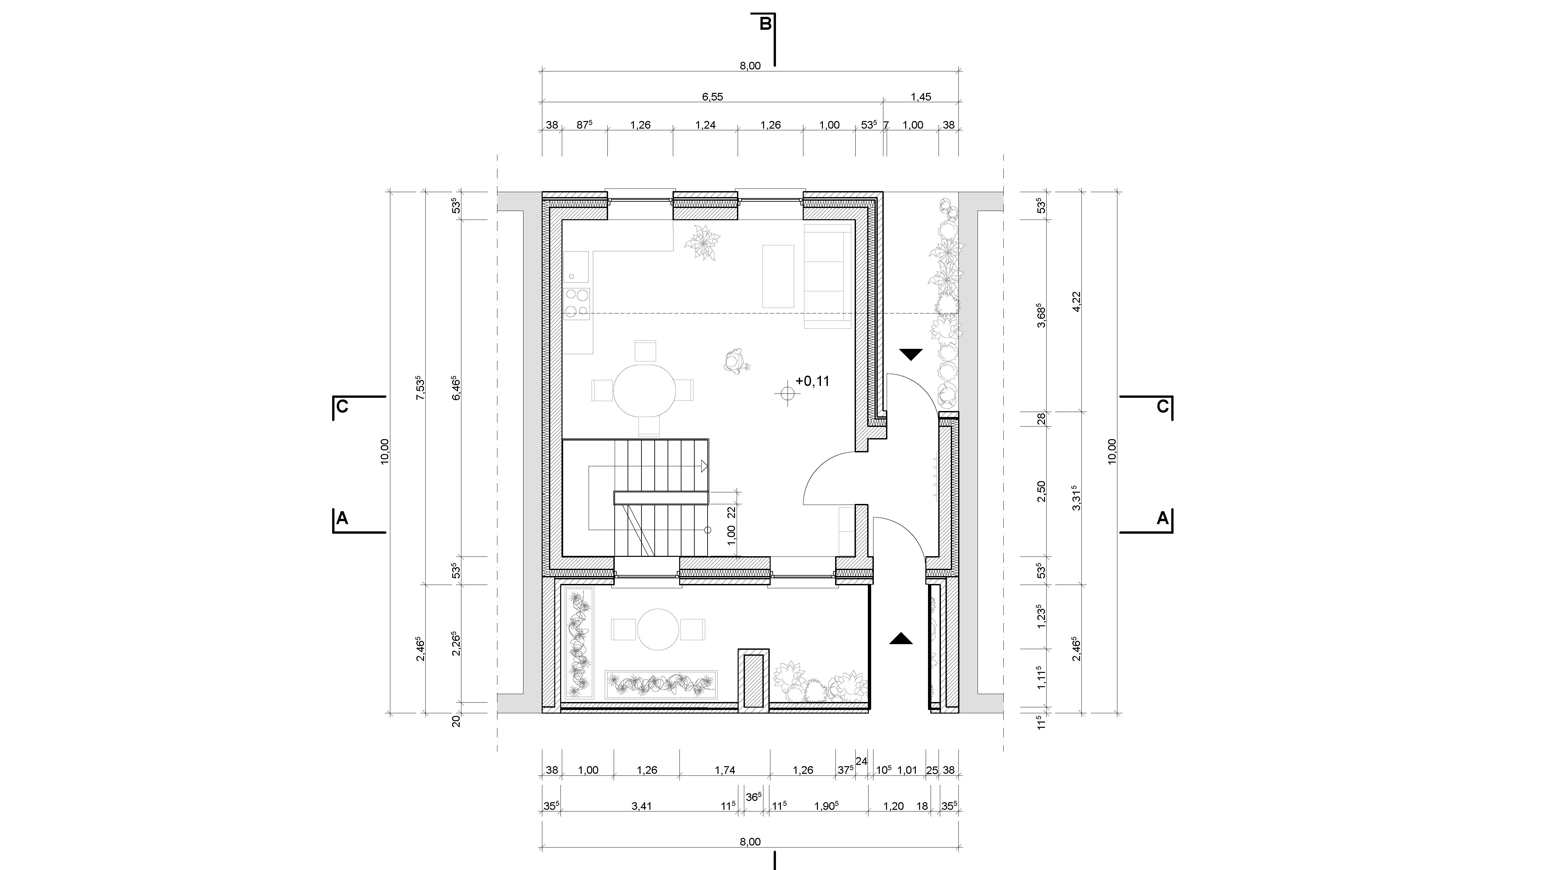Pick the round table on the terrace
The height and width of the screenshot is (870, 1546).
click(x=658, y=630)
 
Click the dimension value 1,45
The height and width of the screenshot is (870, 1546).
click(x=921, y=97)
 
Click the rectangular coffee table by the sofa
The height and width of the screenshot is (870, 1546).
click(x=778, y=276)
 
